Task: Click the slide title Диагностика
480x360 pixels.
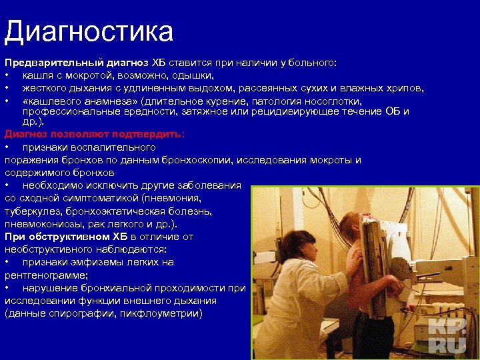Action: coord(89,31)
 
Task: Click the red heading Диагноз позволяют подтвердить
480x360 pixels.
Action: coord(93,134)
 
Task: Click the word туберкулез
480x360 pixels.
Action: coord(32,211)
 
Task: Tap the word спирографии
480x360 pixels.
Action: coord(82,313)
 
